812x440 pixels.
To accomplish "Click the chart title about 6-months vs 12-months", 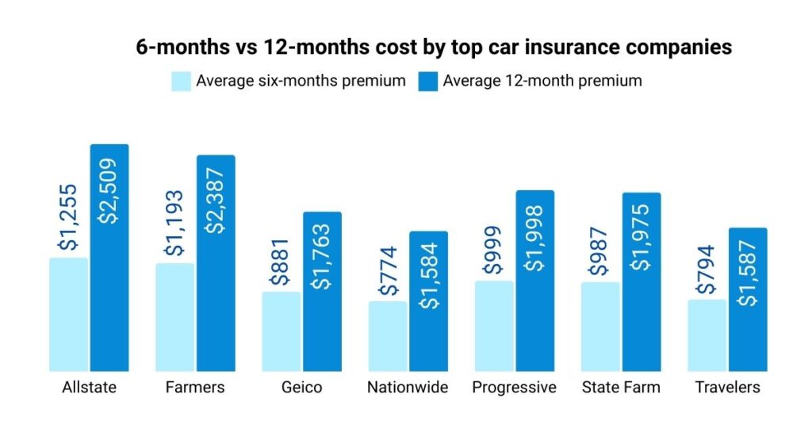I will click(433, 48).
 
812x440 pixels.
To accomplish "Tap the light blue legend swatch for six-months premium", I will click(182, 81).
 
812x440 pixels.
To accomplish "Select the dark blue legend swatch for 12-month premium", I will click(429, 81).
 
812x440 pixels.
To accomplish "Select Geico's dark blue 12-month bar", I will click(323, 333).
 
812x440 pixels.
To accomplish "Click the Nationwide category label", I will click(408, 388).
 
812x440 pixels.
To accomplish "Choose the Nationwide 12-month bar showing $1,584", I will click(429, 337).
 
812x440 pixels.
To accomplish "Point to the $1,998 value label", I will click(535, 237).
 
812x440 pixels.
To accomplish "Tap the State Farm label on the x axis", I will click(620, 388).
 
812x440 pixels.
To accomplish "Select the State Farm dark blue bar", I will click(642, 317).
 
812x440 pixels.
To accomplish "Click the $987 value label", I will click(600, 257).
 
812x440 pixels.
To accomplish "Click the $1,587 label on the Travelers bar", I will click(748, 274).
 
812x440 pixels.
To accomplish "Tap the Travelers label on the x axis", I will click(727, 388).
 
